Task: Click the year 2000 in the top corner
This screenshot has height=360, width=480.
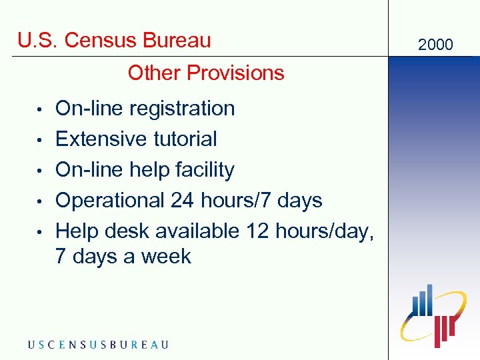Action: tap(435, 45)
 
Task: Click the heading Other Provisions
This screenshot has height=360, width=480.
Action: tap(206, 73)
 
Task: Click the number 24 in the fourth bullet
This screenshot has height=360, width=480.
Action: tap(183, 200)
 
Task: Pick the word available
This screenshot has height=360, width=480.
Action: tap(197, 231)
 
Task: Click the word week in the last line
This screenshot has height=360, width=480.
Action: tap(167, 257)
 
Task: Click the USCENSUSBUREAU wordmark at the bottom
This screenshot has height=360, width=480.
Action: tap(98, 345)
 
